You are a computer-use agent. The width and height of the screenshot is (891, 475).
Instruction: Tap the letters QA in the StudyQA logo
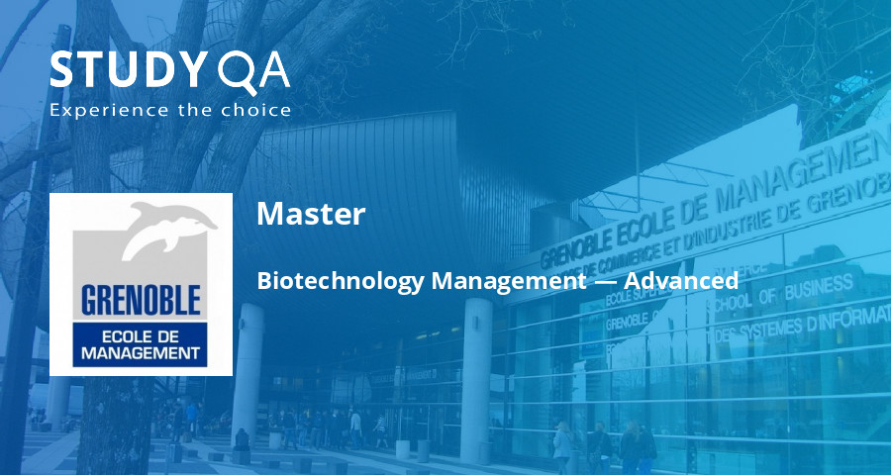(x=253, y=71)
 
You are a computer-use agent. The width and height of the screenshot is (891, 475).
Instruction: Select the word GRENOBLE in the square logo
(x=142, y=300)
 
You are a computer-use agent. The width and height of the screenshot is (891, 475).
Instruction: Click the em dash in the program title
(x=605, y=282)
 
